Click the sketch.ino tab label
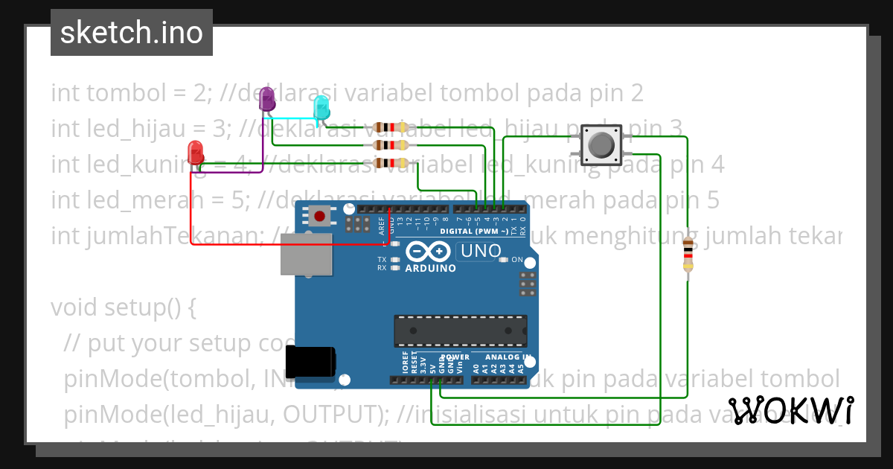132,33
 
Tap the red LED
196,152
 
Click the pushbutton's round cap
601,144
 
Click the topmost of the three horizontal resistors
391,127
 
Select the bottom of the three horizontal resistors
391,163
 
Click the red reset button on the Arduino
319,216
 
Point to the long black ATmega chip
460,331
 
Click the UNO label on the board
481,252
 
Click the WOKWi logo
790,410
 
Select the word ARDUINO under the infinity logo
430,268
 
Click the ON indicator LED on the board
504,260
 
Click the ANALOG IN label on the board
505,357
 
